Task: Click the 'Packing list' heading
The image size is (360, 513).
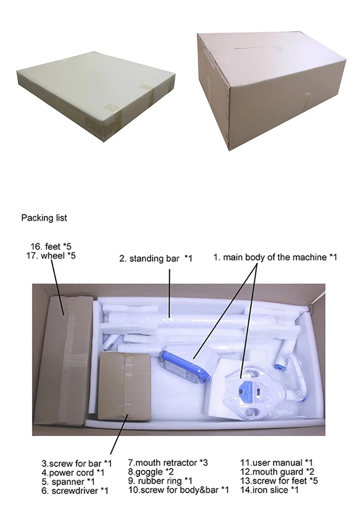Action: click(44, 218)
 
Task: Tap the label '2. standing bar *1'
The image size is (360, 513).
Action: click(156, 258)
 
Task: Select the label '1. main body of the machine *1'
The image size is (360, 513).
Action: click(275, 257)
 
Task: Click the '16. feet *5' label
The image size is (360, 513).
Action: click(51, 246)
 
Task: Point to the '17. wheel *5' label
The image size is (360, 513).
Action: click(51, 256)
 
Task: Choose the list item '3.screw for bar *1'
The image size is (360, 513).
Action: click(76, 464)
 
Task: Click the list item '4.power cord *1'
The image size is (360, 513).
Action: click(73, 473)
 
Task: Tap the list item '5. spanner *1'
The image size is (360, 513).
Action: click(68, 482)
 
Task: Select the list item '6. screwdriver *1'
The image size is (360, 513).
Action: click(75, 491)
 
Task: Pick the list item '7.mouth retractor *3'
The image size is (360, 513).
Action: click(168, 463)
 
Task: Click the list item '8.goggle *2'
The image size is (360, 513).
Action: click(151, 472)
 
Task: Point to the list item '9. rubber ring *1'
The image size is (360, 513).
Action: click(160, 481)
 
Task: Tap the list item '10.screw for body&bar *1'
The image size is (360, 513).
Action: click(179, 490)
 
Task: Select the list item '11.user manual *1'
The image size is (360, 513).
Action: click(276, 463)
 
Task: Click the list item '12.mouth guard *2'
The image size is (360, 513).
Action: click(277, 472)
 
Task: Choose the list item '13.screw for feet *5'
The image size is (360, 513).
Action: click(279, 481)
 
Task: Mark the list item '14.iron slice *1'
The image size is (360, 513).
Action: click(269, 490)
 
